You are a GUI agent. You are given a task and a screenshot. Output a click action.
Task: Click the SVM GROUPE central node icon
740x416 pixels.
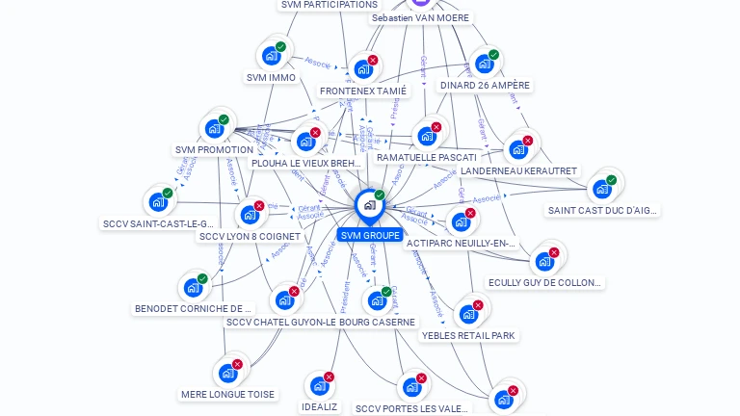369,205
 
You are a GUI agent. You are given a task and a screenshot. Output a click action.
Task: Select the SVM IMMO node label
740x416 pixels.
271,78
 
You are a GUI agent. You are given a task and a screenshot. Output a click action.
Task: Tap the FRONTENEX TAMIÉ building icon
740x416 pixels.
362,68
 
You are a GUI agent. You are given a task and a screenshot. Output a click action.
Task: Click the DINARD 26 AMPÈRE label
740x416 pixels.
485,85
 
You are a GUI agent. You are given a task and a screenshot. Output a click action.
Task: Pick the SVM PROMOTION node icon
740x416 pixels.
214,128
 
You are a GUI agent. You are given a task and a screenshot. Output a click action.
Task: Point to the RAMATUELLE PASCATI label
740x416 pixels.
426,157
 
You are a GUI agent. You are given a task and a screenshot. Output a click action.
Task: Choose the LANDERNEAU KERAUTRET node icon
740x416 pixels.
518,149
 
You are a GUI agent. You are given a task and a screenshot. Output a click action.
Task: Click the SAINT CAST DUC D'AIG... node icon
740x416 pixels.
602,189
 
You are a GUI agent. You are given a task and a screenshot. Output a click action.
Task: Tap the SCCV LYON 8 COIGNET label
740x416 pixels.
250,236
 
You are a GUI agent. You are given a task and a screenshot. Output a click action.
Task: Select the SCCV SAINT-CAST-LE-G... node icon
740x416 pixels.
158,202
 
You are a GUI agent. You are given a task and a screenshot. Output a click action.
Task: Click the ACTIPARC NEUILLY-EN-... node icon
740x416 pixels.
461,221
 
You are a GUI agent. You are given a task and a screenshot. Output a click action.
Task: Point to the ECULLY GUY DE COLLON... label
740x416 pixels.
545,283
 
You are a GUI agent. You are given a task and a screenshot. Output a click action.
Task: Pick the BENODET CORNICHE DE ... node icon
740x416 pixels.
193,287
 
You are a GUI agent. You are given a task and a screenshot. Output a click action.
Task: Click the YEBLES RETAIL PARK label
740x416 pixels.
468,336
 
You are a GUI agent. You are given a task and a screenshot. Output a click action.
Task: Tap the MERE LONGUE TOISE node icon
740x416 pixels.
228,373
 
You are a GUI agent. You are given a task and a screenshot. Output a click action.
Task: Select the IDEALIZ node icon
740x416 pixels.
319,386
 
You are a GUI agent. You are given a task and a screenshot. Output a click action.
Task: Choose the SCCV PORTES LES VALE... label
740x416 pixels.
411,408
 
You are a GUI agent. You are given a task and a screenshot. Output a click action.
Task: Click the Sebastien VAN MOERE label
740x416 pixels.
420,17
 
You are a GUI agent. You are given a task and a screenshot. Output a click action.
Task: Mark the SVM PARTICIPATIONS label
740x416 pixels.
329,5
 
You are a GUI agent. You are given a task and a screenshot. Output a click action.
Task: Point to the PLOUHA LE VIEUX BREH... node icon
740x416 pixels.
305,141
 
